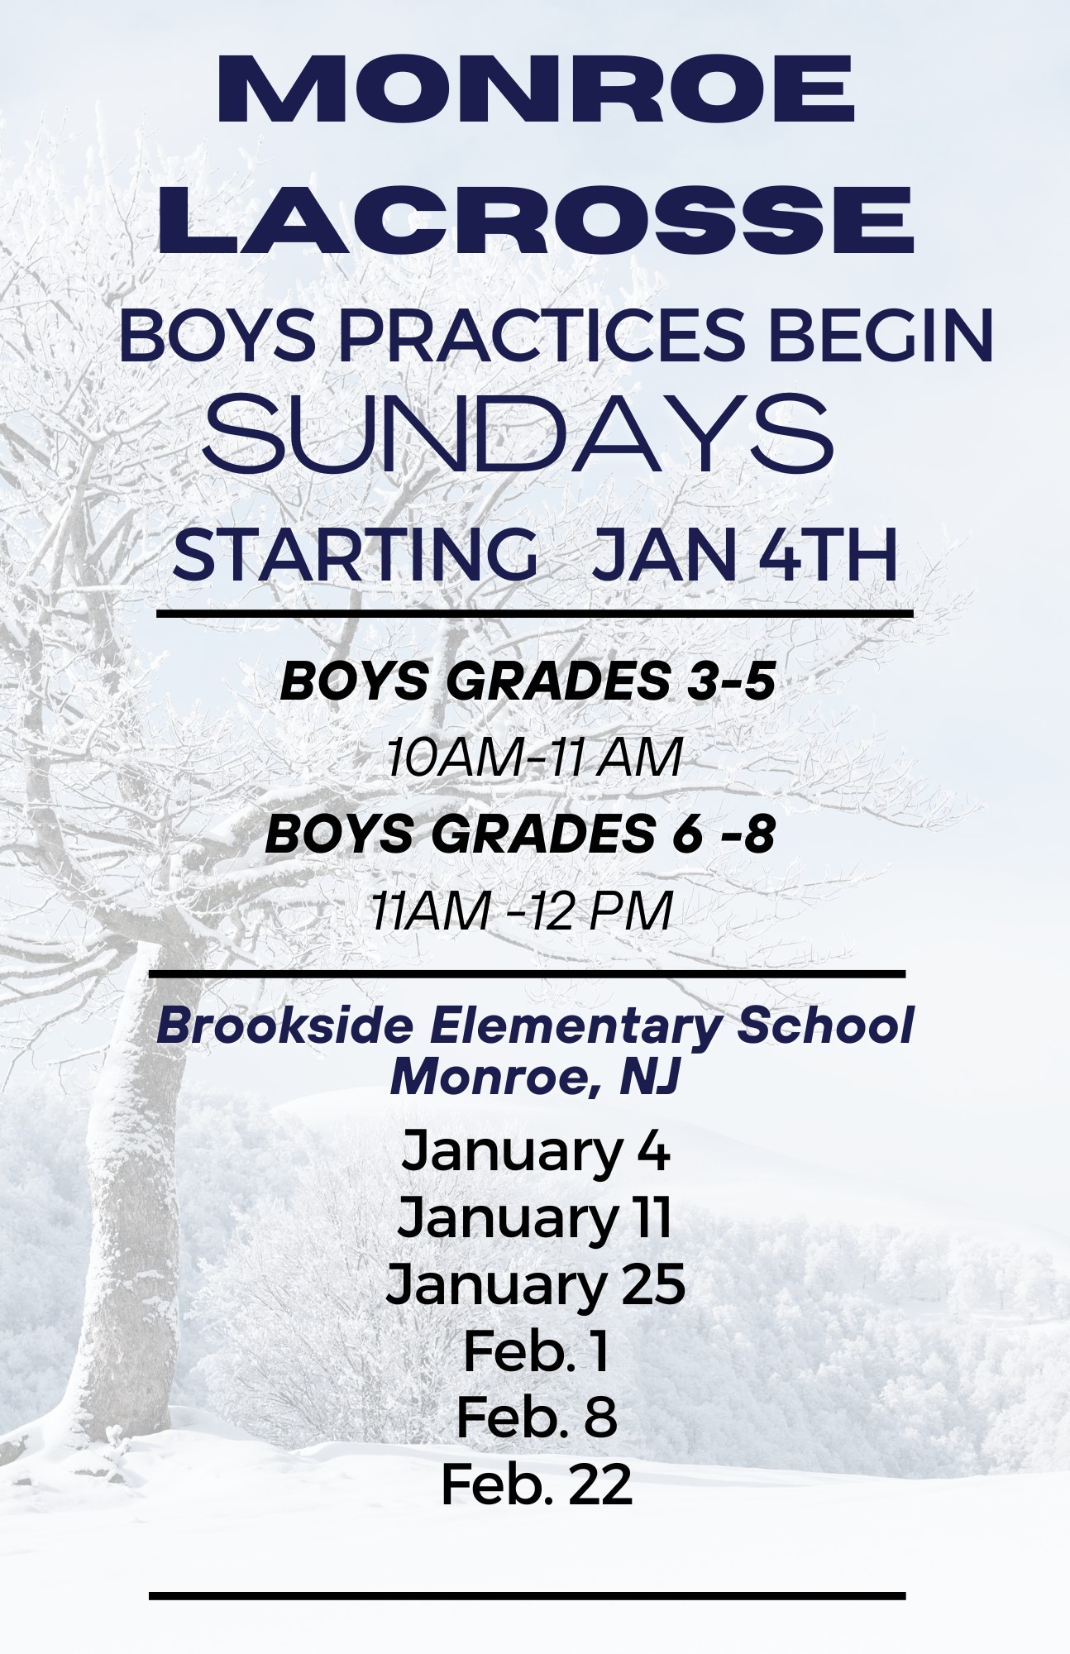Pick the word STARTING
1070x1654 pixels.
tap(355, 556)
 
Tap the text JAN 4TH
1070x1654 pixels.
tap(745, 556)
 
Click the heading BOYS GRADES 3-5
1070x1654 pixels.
tap(528, 682)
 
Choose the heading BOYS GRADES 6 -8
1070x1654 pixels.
tap(520, 834)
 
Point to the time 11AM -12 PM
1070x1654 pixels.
tap(521, 911)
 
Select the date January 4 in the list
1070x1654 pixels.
tap(535, 1151)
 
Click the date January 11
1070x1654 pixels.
tap(535, 1217)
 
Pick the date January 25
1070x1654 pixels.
tap(535, 1284)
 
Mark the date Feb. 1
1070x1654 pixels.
tap(535, 1350)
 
